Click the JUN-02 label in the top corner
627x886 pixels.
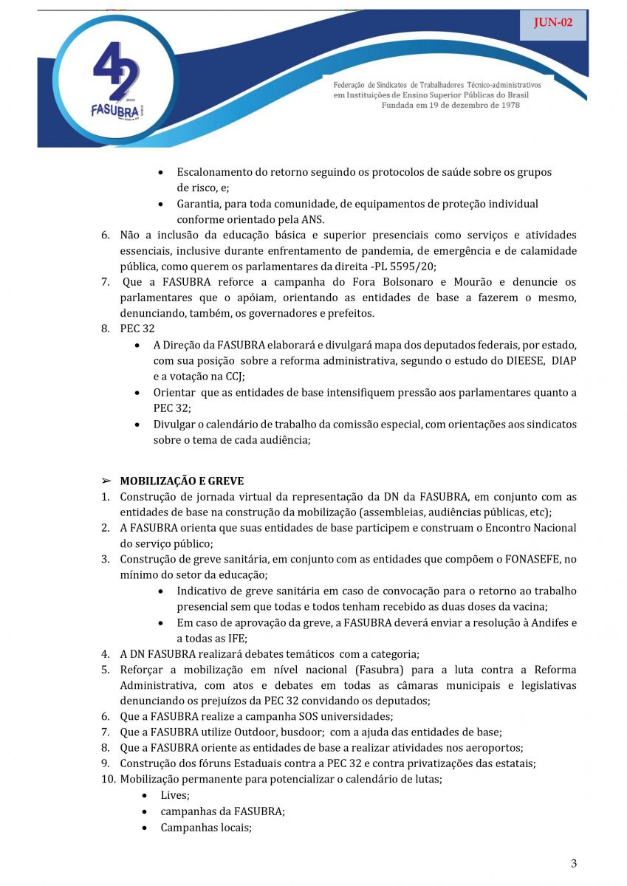(x=553, y=23)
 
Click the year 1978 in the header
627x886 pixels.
(x=507, y=105)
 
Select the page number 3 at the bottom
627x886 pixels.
(x=574, y=864)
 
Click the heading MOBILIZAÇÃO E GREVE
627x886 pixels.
(x=182, y=481)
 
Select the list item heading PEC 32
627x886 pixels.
(x=137, y=329)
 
